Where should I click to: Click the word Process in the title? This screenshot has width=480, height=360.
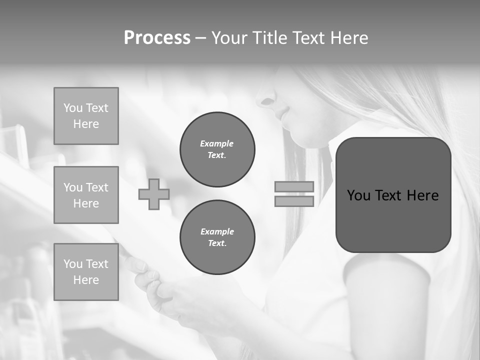(157, 38)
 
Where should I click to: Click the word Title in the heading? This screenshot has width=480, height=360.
(270, 38)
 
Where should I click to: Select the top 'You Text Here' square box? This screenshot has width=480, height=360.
(86, 116)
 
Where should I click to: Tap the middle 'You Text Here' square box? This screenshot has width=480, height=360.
(86, 195)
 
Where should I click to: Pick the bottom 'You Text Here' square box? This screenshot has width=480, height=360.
(86, 272)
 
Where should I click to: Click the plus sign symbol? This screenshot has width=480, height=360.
(154, 194)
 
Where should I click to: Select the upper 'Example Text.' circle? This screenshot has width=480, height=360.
(217, 149)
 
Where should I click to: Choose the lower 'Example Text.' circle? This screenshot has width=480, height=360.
(217, 237)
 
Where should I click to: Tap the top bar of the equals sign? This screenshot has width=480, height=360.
(294, 186)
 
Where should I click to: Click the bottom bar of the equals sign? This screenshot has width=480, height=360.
(294, 201)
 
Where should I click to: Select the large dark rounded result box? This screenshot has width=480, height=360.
(393, 195)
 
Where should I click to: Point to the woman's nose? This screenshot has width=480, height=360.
(263, 100)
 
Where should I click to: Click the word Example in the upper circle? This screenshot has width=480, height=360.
(217, 143)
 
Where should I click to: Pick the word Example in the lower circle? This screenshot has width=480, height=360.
(217, 231)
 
